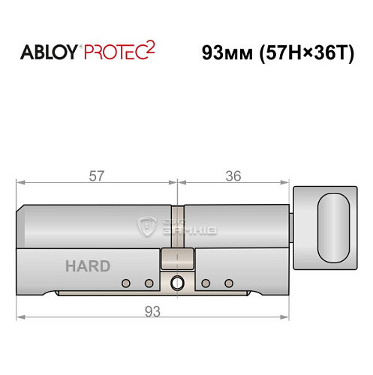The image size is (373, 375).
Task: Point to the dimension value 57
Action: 95,176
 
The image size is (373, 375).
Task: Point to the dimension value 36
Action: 233,176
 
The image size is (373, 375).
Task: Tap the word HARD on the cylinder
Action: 87,266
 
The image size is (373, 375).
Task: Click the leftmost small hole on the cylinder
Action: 125,283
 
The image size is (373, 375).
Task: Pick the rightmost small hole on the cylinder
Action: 227,283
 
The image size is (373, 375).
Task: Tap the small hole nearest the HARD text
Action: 125,283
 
